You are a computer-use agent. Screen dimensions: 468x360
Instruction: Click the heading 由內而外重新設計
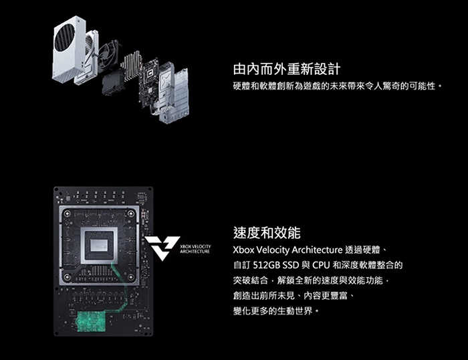(287, 70)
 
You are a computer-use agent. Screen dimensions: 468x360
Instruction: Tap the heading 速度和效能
(267, 233)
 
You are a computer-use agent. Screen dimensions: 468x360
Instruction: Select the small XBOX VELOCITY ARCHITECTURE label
(195, 249)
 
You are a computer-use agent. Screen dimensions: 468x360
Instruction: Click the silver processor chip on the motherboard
(99, 246)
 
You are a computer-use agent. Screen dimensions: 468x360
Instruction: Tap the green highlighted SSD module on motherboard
(92, 321)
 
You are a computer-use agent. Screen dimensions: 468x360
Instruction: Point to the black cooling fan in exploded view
(110, 56)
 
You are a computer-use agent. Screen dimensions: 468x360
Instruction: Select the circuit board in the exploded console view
(148, 83)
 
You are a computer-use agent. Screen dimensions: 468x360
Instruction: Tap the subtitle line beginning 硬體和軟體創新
(337, 86)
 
